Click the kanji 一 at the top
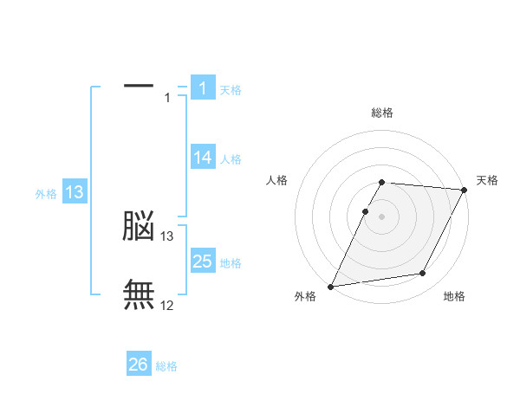139,86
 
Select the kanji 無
139,294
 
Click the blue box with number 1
203,88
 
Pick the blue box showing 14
203,158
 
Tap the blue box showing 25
203,262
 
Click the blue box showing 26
139,365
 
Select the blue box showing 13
75,192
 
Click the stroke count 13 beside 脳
167,236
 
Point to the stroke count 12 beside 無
167,305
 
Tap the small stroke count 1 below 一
167,98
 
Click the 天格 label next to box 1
231,89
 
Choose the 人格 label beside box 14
231,159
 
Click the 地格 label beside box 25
231,263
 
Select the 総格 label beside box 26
166,366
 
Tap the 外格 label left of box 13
46,194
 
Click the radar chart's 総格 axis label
382,113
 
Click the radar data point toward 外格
331,286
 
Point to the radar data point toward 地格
423,274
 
